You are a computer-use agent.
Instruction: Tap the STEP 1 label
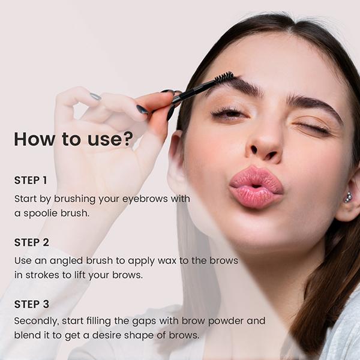point(31,180)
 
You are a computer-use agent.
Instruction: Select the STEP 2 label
point(32,242)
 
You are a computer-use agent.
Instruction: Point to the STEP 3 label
point(32,304)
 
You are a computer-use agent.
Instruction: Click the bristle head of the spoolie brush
point(224,78)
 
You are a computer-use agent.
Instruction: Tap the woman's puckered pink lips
point(254,188)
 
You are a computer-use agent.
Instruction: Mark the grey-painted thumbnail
point(95,96)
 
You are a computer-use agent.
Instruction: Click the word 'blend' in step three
point(26,335)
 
